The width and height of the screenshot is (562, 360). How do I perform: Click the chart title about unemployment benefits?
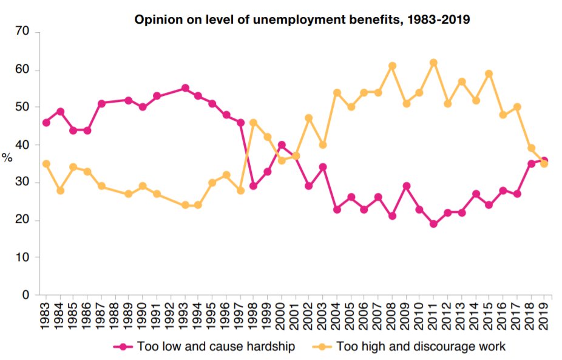(x=302, y=20)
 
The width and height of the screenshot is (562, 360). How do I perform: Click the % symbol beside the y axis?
(x=7, y=158)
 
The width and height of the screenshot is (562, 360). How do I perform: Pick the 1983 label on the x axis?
(x=46, y=316)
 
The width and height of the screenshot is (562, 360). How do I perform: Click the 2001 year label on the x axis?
(x=295, y=316)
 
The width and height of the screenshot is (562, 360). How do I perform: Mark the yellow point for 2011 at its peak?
(x=433, y=63)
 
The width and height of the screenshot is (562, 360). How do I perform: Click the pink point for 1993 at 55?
(x=185, y=88)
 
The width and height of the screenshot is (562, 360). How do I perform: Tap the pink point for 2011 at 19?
(x=433, y=223)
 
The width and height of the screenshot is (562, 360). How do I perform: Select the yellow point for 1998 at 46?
(x=254, y=123)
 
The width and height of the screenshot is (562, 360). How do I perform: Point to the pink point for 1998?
(x=254, y=186)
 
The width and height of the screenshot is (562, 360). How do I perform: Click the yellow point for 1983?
(x=46, y=164)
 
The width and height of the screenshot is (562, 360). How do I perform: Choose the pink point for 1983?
(x=46, y=123)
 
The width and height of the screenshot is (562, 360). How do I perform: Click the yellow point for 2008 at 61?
(x=392, y=66)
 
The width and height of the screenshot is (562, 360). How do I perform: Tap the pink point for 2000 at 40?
(x=282, y=145)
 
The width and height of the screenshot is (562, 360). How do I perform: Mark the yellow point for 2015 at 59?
(x=489, y=73)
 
